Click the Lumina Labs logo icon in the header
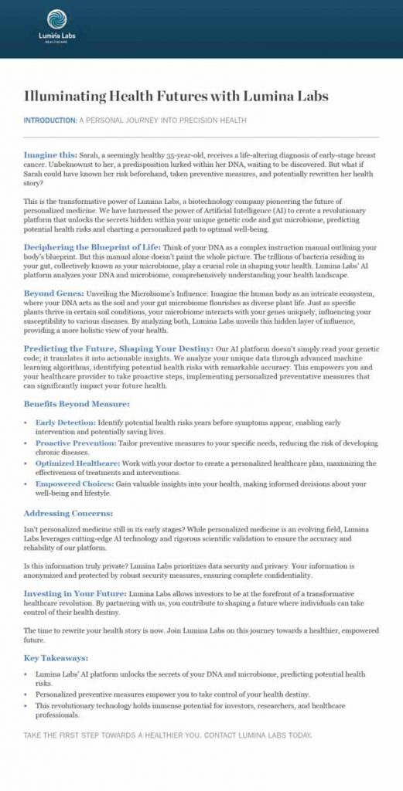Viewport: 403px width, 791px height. click(x=56, y=19)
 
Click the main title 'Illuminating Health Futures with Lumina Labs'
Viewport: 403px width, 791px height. click(x=176, y=97)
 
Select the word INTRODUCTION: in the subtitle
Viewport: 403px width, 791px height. click(x=50, y=121)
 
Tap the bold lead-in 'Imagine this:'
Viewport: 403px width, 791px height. click(x=49, y=154)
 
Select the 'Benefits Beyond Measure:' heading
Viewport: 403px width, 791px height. click(x=77, y=404)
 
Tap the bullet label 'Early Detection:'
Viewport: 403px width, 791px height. click(x=65, y=423)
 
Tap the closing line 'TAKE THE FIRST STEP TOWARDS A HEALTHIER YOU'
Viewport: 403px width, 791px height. click(x=167, y=735)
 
